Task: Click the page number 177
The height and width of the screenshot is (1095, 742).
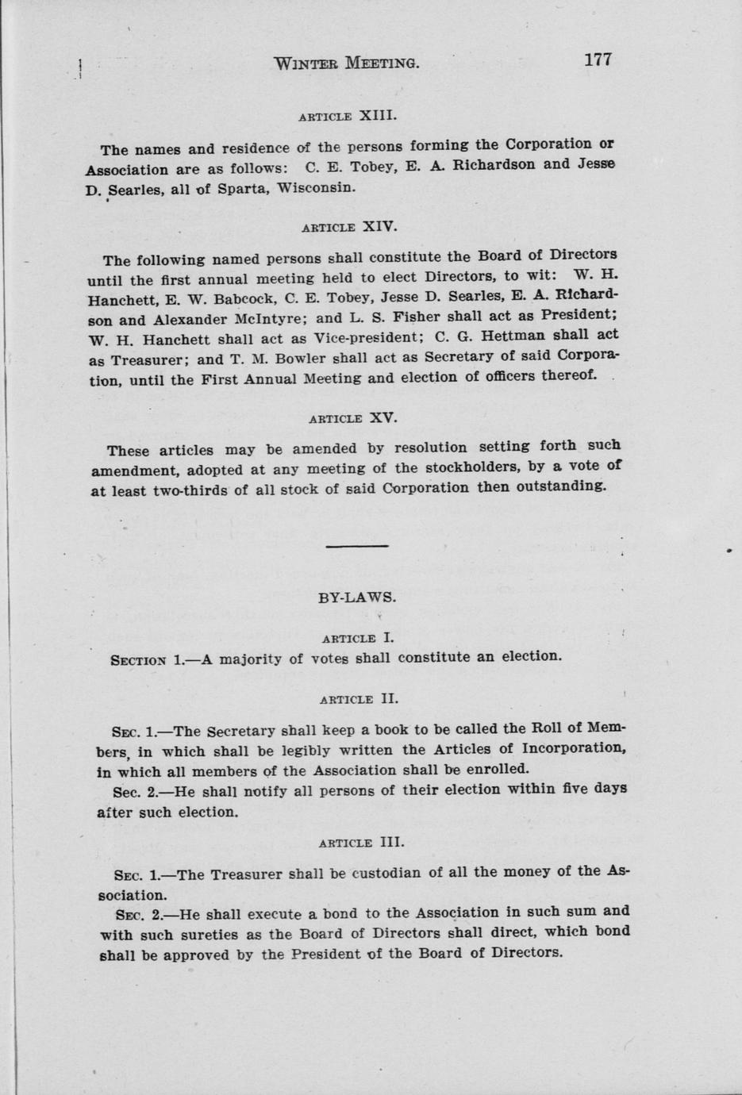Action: tap(598, 60)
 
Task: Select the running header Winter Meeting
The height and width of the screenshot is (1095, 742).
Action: tap(345, 63)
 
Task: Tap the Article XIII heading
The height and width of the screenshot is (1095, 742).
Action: tap(347, 116)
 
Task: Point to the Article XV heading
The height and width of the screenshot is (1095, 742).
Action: tap(352, 417)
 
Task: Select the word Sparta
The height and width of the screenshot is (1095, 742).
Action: tap(243, 190)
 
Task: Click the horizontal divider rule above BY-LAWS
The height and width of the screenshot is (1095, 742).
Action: tap(356, 546)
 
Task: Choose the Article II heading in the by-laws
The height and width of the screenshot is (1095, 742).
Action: tap(358, 699)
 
